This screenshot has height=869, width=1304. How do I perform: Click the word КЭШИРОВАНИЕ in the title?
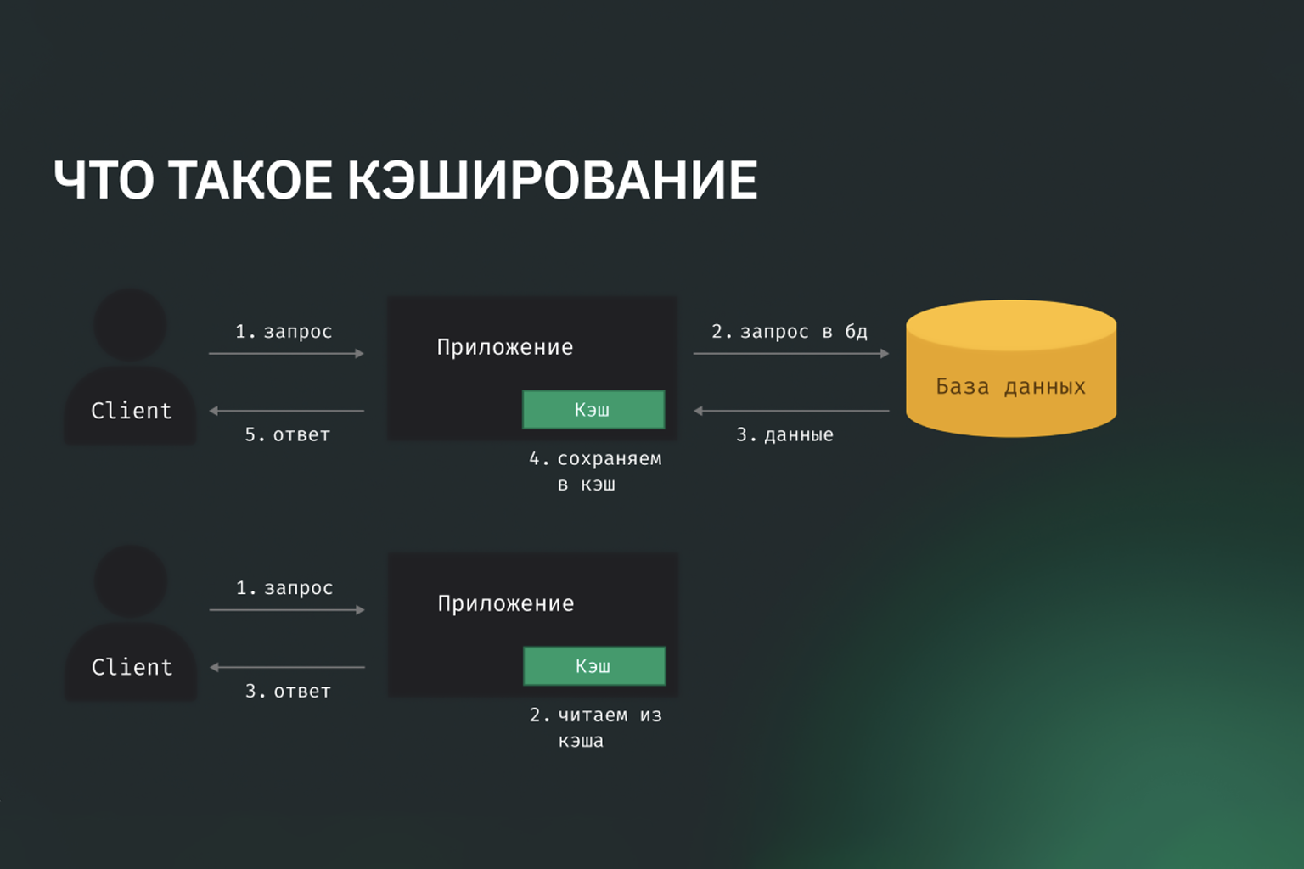click(x=553, y=180)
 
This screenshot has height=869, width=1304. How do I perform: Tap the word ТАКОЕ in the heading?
click(x=250, y=180)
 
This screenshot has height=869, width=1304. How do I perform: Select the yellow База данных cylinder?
click(x=1011, y=368)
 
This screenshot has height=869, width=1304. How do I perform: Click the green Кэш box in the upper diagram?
click(x=593, y=410)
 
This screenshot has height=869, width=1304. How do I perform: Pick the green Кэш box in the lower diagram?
click(x=593, y=666)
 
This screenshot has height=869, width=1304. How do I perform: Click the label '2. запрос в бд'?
click(x=790, y=332)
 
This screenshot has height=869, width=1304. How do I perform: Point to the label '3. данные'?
click(x=784, y=434)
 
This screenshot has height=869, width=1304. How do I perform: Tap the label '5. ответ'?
click(x=288, y=434)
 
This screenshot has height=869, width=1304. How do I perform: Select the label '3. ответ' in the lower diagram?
click(x=288, y=692)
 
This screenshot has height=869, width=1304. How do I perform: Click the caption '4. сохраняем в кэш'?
click(x=595, y=472)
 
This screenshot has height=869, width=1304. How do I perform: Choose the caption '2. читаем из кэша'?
click(x=595, y=727)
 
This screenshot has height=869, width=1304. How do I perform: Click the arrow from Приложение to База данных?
click(x=791, y=353)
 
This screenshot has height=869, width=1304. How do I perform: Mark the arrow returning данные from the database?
click(x=791, y=411)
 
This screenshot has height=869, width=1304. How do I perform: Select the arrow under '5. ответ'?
click(x=286, y=411)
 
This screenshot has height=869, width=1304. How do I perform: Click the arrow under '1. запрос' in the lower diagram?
click(x=287, y=610)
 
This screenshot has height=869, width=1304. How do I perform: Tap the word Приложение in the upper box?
click(x=505, y=347)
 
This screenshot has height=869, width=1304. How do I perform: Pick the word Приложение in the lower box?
click(x=506, y=604)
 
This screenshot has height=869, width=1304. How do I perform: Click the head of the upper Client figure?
click(x=130, y=325)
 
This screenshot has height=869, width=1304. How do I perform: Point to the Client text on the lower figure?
click(x=132, y=667)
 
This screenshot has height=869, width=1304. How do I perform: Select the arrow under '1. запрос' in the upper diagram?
click(x=286, y=353)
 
